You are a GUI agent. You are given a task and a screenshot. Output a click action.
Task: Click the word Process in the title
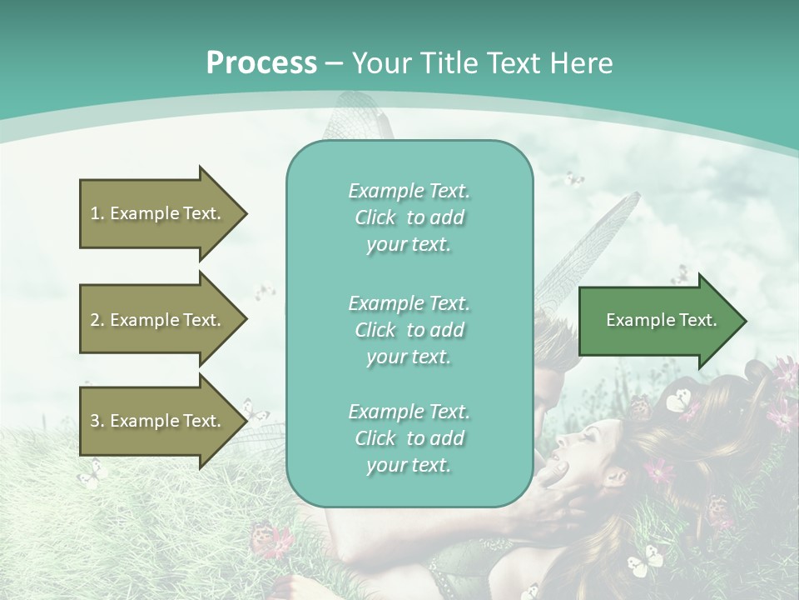261,63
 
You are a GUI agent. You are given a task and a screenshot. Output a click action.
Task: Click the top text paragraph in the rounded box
409,217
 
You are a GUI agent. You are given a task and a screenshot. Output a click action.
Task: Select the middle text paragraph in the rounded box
409,329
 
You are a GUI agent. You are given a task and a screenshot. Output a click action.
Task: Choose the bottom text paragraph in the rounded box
409,438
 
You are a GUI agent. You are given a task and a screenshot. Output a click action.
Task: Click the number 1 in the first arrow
95,213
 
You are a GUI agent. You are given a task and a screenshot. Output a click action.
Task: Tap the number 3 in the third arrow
95,421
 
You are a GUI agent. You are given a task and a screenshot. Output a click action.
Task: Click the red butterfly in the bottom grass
270,539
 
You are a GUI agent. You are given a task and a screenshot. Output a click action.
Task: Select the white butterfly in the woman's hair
679,401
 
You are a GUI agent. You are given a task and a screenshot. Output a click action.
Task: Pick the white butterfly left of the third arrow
90,474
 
